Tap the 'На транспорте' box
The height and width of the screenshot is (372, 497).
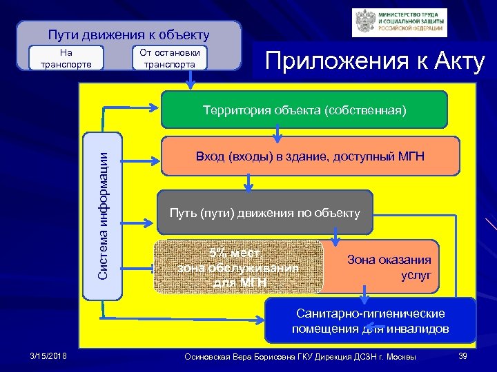tap(66, 59)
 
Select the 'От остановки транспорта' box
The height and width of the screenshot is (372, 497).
tap(169, 59)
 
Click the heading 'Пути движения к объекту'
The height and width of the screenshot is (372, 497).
tap(128, 34)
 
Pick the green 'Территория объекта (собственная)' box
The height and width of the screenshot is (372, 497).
tap(304, 110)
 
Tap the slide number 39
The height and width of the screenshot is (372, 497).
tap(462, 355)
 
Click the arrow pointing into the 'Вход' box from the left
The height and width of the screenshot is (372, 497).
tap(147, 161)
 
